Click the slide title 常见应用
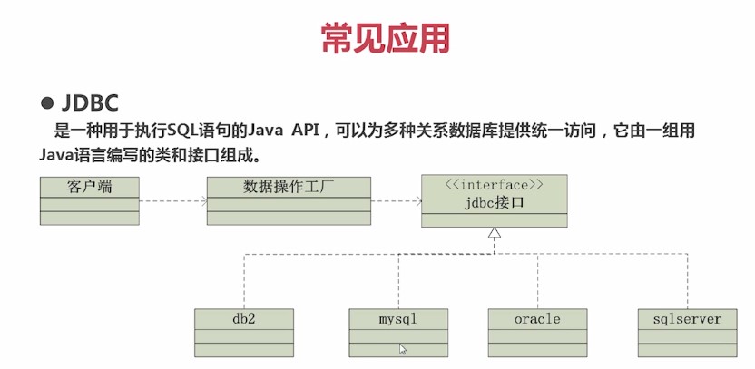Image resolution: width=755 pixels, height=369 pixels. (x=385, y=39)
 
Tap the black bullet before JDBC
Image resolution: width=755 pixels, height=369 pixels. (x=48, y=102)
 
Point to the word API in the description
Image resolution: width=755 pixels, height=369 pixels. (x=310, y=132)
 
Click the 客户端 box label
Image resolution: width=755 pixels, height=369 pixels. (x=90, y=188)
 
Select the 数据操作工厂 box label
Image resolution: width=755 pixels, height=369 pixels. (x=289, y=188)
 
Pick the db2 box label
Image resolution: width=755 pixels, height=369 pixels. (x=244, y=319)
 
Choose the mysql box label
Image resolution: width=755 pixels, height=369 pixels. (x=399, y=319)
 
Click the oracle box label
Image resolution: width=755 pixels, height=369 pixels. (x=537, y=319)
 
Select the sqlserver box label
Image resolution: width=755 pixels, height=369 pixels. (x=687, y=319)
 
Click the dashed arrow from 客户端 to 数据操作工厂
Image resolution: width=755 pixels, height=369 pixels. (x=173, y=200)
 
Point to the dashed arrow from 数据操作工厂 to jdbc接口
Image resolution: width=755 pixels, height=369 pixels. (x=396, y=200)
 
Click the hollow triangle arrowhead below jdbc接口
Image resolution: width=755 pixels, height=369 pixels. (x=494, y=234)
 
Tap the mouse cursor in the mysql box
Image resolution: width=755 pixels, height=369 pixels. (x=403, y=348)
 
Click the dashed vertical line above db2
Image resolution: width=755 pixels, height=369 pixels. (x=244, y=281)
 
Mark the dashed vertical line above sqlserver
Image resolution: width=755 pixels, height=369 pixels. (x=687, y=281)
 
